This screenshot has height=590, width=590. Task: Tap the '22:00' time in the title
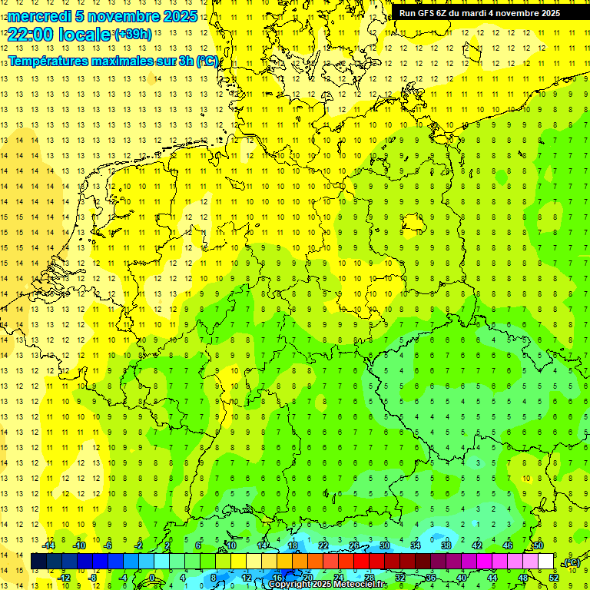[x=31, y=34]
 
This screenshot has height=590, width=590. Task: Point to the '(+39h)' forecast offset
[x=133, y=34]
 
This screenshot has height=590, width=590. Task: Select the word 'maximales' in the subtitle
[x=124, y=61]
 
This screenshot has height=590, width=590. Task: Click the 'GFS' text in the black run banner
[x=428, y=13]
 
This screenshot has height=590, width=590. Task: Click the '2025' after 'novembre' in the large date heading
[x=175, y=16]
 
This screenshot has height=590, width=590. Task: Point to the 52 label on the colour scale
[x=553, y=577]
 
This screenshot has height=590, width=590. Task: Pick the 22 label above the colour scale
[x=323, y=545]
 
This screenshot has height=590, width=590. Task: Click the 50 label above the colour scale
[x=538, y=545]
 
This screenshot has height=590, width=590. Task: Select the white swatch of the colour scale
[x=545, y=561]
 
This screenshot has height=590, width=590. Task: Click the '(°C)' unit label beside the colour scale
[x=572, y=562]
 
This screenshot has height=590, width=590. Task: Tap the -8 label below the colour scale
[x=93, y=577]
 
